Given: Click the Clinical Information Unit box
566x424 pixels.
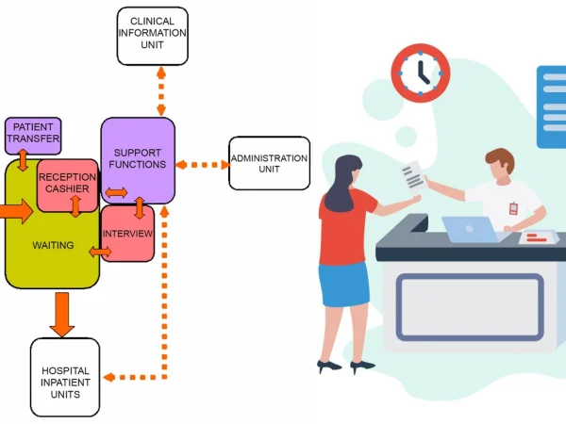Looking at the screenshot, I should (152, 36).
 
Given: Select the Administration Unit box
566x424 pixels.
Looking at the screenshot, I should (269, 163).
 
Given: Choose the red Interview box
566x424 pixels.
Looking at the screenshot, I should (127, 233).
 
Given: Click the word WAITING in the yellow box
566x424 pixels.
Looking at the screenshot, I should (53, 246).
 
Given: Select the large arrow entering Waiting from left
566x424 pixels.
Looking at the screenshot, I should (15, 211).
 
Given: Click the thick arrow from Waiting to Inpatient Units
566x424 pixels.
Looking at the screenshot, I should (62, 314).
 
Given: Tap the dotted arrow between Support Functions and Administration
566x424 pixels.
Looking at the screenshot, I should (202, 165).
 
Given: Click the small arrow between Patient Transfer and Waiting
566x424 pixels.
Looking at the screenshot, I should (23, 160).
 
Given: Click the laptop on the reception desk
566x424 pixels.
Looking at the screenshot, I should (469, 230).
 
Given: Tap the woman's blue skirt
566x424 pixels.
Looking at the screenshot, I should (343, 286).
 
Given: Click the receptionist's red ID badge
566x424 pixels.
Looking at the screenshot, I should (513, 208).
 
